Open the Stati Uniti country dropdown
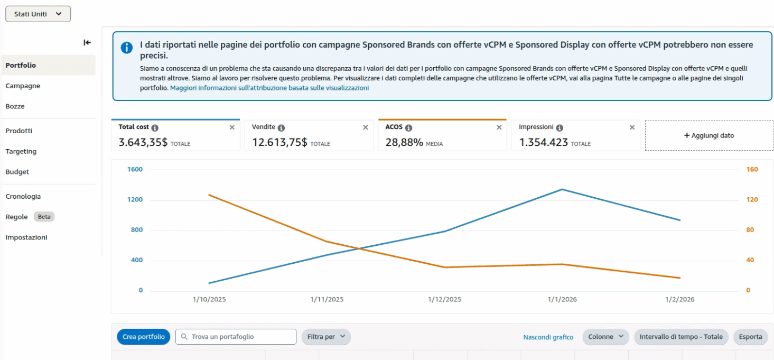(38, 14)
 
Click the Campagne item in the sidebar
(23, 86)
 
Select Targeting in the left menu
(21, 151)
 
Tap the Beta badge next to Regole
(44, 217)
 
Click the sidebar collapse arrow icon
(87, 43)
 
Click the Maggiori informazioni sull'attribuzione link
(269, 88)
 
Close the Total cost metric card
(232, 127)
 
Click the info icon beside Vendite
(281, 128)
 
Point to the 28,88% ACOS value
(404, 142)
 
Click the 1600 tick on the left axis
(135, 170)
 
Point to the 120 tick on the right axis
(752, 200)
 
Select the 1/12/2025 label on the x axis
(444, 299)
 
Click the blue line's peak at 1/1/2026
(562, 189)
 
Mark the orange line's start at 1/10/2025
(209, 195)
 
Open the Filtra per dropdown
(326, 337)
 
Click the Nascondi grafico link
(548, 337)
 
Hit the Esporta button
(750, 337)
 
